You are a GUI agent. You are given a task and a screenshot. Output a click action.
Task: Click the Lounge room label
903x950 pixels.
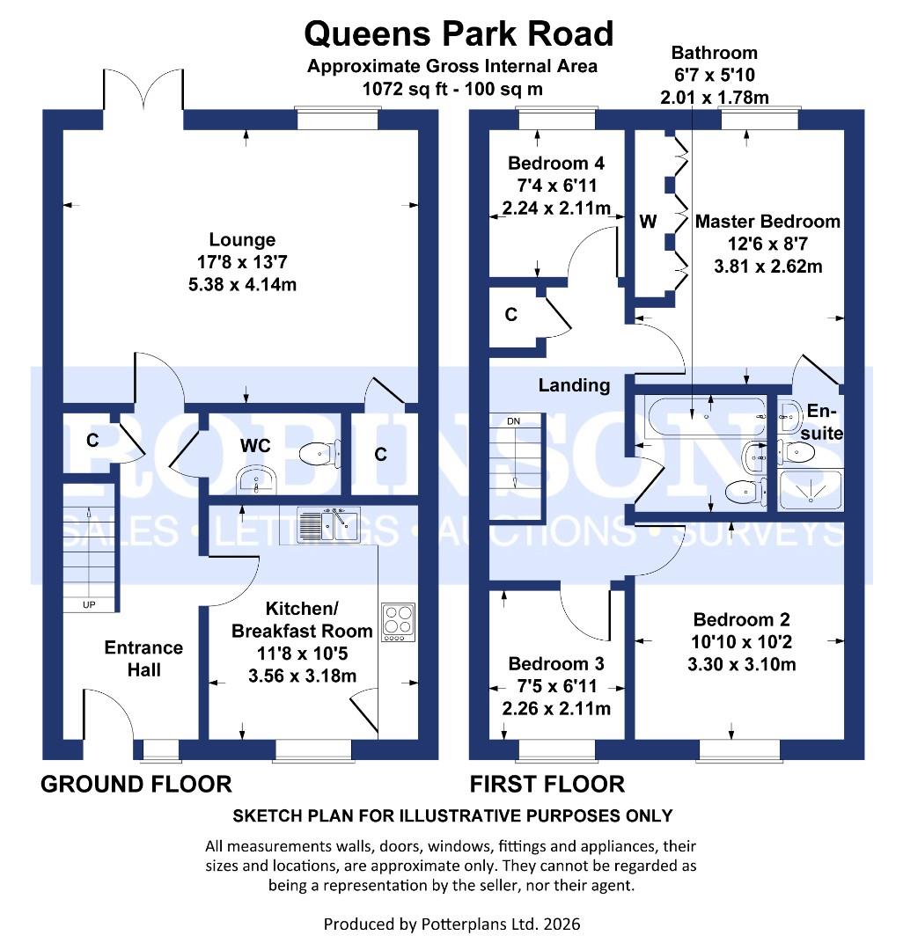pyautogui.click(x=242, y=239)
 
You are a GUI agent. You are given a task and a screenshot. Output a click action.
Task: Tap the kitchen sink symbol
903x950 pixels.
pyautogui.click(x=328, y=525)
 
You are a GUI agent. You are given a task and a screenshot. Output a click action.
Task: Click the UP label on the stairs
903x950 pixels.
pyautogui.click(x=89, y=605)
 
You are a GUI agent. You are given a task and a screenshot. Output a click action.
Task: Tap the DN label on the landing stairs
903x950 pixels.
pyautogui.click(x=514, y=420)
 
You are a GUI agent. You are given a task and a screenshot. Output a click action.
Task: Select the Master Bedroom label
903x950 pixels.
pyautogui.click(x=767, y=222)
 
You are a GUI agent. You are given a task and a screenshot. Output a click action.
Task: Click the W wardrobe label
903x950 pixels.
pyautogui.click(x=648, y=222)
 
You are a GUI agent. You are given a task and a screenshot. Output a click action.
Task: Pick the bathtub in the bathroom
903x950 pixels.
pyautogui.click(x=705, y=416)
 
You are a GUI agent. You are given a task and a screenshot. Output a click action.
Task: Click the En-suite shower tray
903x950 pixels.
pyautogui.click(x=811, y=492)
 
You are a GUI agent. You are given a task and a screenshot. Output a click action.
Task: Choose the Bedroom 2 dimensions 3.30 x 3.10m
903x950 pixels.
pyautogui.click(x=741, y=664)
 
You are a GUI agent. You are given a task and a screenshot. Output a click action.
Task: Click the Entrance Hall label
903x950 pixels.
pyautogui.click(x=143, y=659)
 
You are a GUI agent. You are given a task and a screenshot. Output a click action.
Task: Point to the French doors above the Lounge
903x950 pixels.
pyautogui.click(x=144, y=90)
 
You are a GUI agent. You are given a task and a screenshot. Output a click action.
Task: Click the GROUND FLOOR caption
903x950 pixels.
pyautogui.click(x=136, y=784)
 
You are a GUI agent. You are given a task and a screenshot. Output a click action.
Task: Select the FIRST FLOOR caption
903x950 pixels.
pyautogui.click(x=547, y=784)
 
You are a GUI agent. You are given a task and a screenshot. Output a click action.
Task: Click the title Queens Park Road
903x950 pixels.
pyautogui.click(x=459, y=33)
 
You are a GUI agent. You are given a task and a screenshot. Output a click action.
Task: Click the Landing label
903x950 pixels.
pyautogui.click(x=574, y=385)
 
